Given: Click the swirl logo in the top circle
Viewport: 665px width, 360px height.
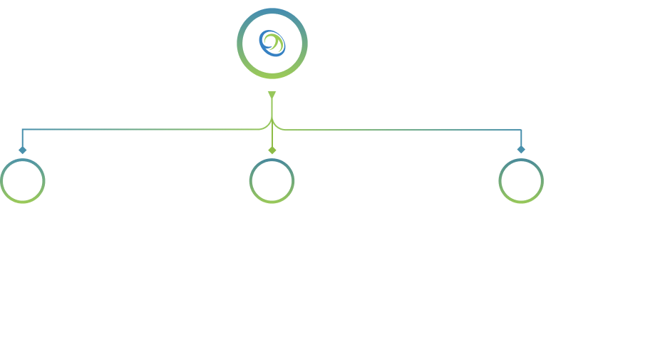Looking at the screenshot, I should [x=272, y=43].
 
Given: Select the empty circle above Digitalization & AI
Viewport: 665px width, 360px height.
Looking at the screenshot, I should [x=521, y=181].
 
